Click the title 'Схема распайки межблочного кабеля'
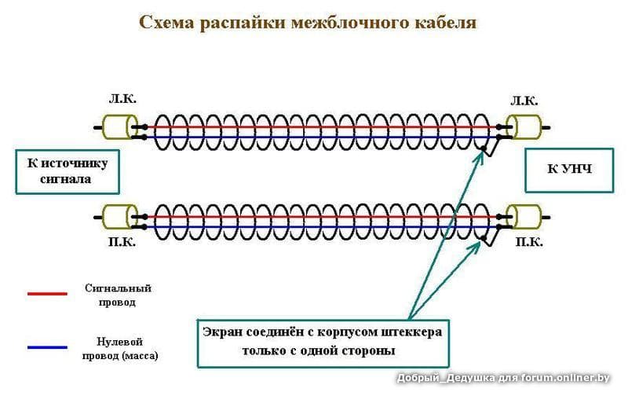click(x=307, y=21)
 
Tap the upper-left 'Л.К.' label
click(x=122, y=100)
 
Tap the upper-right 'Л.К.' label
click(x=524, y=101)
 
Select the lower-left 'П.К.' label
click(x=122, y=242)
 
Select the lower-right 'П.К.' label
click(x=529, y=242)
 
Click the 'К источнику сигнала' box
click(x=67, y=170)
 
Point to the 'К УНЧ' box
click(x=569, y=169)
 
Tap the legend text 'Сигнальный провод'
click(x=119, y=295)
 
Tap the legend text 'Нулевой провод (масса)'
click(x=120, y=348)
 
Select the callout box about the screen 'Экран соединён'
click(x=323, y=341)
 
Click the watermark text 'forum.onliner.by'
click(x=566, y=378)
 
